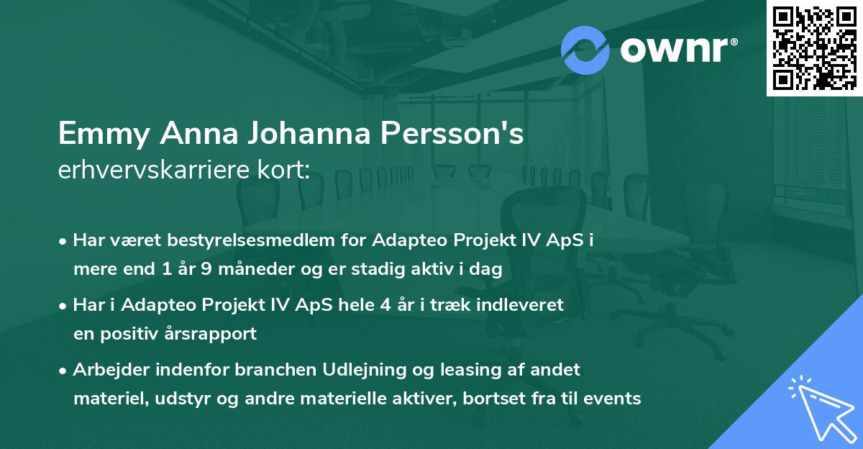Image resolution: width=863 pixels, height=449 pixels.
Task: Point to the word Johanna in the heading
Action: [311, 135]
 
